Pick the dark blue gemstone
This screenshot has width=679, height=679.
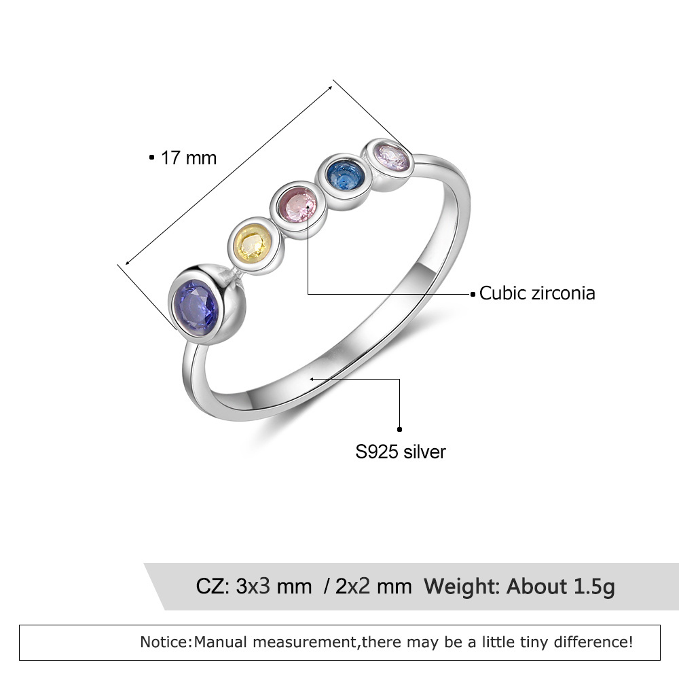pos(343,176)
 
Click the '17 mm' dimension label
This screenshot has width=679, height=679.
pos(188,158)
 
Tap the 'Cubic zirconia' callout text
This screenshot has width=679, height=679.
pos(537,293)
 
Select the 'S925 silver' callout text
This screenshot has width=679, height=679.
pos(401,452)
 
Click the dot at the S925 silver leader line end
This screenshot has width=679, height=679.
pos(400,429)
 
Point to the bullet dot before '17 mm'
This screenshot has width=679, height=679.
pos(151,158)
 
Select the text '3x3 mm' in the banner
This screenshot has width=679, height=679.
pos(274,586)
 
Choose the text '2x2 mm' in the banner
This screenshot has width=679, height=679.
pos(373,586)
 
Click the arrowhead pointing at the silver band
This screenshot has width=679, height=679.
pos(313,379)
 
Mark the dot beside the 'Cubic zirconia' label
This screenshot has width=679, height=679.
pos(473,294)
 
